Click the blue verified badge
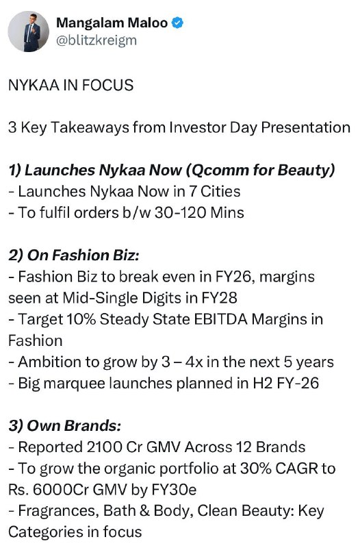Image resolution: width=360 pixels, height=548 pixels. coord(178,23)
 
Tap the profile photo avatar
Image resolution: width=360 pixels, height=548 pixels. coord(29,32)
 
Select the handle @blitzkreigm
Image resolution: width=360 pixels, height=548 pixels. coord(97,40)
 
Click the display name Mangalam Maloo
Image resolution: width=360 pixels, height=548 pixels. coord(112,23)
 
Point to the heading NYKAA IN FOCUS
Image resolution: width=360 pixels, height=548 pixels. coord(71,85)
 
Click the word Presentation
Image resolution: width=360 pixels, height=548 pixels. coord(305,127)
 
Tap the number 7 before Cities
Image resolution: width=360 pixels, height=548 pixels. coord(193,192)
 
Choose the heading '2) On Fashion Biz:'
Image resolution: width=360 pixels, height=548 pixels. coord(74,256)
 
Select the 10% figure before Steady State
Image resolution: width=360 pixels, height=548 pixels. coord(81,319)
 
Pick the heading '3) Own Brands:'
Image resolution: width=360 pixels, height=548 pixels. coord(65,426)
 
